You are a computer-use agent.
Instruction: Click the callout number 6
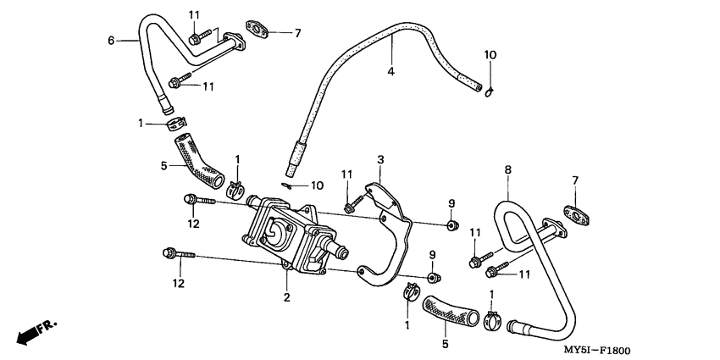111,39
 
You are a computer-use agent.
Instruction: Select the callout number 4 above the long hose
390,71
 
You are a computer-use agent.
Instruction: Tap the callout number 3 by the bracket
380,159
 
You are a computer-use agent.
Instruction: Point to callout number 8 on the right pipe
507,170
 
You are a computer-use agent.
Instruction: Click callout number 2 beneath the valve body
287,296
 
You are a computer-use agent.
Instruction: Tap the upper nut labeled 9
452,224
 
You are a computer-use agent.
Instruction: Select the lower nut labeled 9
432,278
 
